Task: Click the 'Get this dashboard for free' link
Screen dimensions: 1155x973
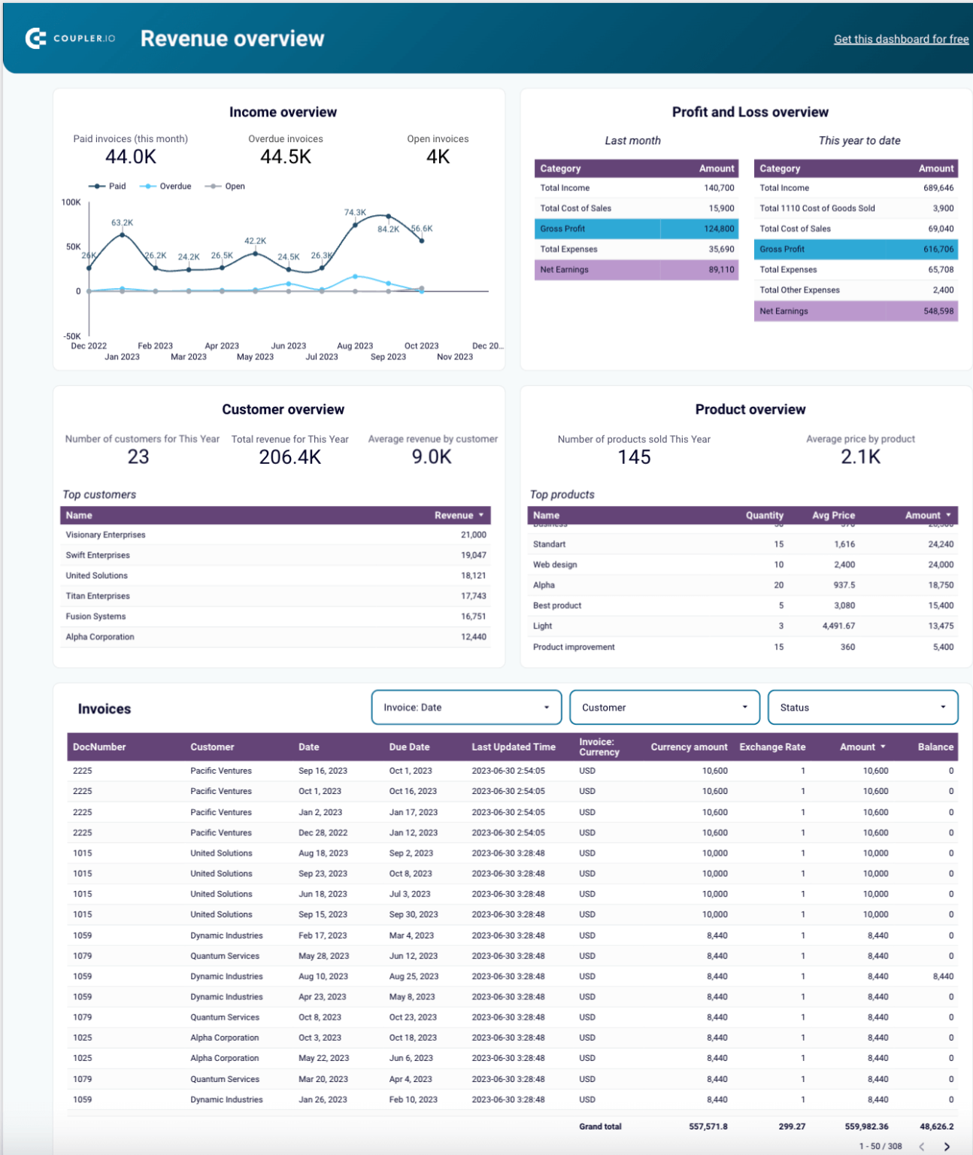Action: coord(901,39)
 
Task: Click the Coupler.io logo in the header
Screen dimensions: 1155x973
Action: coord(70,38)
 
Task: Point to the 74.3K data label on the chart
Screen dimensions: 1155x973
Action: coord(355,213)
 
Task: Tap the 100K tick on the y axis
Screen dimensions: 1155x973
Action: coord(71,202)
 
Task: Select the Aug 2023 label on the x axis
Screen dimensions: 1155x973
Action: coord(355,346)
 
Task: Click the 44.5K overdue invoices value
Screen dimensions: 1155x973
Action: coord(286,156)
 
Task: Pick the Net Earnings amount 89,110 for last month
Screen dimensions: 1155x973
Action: coord(721,269)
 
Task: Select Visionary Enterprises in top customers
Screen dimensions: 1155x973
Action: coord(105,535)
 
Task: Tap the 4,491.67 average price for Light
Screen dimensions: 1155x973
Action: coord(838,626)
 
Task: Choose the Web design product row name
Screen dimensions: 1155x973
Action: coord(555,565)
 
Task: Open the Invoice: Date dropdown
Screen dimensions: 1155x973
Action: coord(466,708)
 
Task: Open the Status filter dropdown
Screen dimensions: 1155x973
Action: coord(862,708)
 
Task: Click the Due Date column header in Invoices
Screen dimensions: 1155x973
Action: coord(409,747)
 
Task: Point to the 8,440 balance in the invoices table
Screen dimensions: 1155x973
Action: coord(942,976)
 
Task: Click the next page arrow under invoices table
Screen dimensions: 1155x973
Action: coord(947,1147)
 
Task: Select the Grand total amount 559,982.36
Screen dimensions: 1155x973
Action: coord(866,1126)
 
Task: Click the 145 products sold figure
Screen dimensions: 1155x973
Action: coord(634,457)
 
